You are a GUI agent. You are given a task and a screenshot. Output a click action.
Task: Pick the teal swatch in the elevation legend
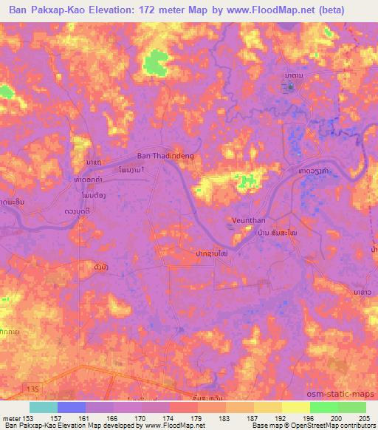(x=44, y=407)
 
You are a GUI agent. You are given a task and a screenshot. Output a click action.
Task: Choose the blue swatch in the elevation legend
(x=72, y=407)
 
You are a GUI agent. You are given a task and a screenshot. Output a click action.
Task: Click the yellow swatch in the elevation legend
(x=296, y=407)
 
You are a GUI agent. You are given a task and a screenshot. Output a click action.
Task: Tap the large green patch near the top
(x=156, y=62)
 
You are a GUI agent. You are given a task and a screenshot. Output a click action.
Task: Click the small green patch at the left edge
(x=6, y=92)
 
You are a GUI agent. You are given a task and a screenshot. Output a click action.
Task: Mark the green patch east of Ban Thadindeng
(x=247, y=180)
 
